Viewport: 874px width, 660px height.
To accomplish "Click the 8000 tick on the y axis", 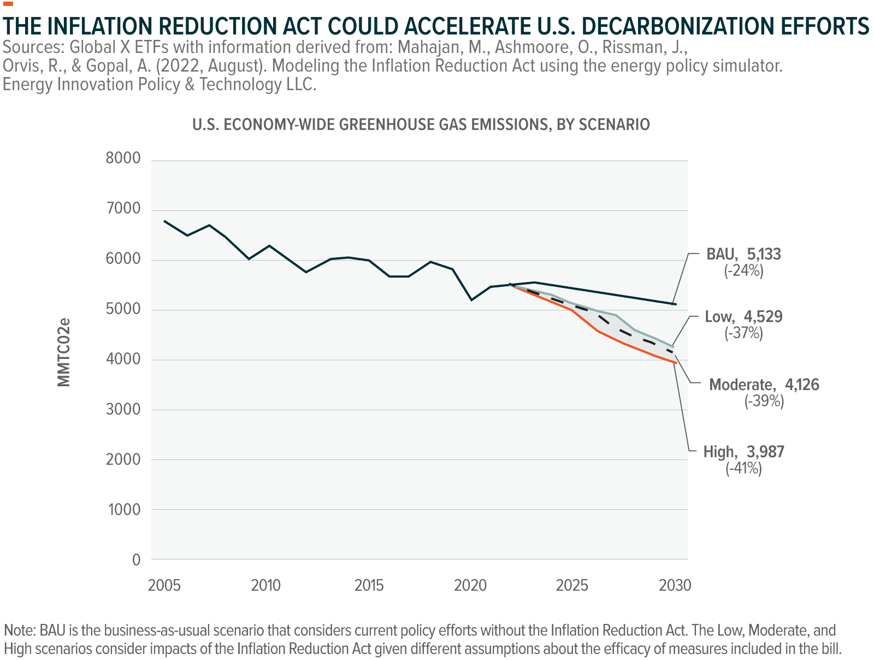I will pos(124,159).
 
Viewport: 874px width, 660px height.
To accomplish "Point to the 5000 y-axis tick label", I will pos(124,309).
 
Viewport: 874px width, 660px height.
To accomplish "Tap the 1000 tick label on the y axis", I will pos(124,510).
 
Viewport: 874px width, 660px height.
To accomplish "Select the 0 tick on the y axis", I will pos(137,560).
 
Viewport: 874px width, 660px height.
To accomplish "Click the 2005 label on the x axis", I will pos(165,586).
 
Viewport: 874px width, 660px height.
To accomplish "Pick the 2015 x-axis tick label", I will pos(369,586).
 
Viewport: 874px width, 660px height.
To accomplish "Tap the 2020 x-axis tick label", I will pos(471,586).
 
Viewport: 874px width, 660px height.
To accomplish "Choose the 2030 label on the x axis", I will pos(676,586).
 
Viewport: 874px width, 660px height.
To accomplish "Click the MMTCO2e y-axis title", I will pos(64,352).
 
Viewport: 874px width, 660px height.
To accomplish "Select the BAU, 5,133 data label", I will pos(744,262).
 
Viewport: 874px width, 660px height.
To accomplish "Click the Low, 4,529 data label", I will pos(744,325).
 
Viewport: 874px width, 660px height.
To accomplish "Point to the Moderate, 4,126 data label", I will pos(764,392).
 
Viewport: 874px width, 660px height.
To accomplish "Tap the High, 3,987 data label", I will pos(744,459).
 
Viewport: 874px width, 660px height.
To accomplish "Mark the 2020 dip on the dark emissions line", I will pos(472,300).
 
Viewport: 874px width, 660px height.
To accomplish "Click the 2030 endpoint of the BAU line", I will pos(676,304).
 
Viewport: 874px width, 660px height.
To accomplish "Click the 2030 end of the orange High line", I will pos(676,362).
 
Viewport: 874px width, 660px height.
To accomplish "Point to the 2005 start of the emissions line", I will pos(165,221).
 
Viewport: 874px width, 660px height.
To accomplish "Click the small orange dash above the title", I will pos(8,4).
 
